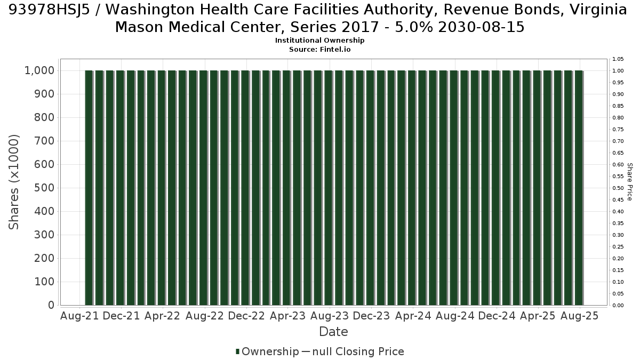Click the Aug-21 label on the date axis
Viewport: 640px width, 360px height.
79,316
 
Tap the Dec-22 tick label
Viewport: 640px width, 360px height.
246,316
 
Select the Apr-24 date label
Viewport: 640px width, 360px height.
413,316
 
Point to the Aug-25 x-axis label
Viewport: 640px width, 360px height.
579,316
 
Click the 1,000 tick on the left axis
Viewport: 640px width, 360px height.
39,70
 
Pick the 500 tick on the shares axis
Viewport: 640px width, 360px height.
44,188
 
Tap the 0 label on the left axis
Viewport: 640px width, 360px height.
51,305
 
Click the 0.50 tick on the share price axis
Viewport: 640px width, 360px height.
618,188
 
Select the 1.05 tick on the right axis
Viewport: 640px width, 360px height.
618,59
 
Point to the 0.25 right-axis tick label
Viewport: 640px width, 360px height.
618,247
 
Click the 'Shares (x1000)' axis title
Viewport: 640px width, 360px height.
14,182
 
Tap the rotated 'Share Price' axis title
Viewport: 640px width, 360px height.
630,182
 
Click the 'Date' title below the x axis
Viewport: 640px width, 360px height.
333,332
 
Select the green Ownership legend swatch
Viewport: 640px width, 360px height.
237,351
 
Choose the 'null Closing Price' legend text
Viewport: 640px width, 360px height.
358,351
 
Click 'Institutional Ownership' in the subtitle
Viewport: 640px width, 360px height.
319,41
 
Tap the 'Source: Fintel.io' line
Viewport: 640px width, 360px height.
319,50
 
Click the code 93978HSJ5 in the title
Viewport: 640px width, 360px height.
49,10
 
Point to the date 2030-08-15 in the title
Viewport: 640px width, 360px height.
482,27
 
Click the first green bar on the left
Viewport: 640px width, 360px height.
89,188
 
